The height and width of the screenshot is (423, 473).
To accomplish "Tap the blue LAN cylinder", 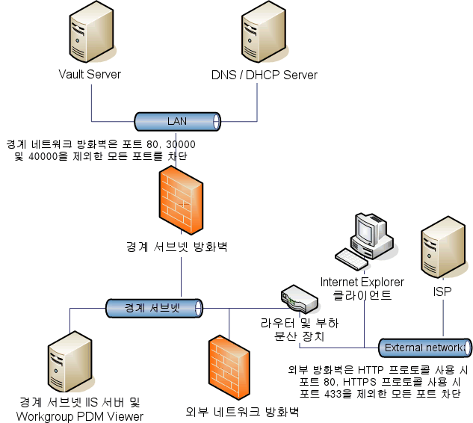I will click(x=177, y=121).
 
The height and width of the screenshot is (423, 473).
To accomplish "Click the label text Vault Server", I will click(x=90, y=75).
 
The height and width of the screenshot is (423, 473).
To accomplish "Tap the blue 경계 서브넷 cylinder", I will click(x=153, y=307).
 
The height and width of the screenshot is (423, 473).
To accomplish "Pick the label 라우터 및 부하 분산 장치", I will click(x=299, y=330).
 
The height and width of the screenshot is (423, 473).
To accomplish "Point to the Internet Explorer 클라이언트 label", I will click(x=362, y=288).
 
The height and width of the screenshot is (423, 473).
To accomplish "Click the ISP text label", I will click(x=443, y=291).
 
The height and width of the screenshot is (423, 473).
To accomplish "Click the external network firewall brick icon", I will click(x=229, y=366).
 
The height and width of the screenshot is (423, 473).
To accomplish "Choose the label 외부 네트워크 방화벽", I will click(x=242, y=412).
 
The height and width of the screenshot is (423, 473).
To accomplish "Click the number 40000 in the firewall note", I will click(x=43, y=156).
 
